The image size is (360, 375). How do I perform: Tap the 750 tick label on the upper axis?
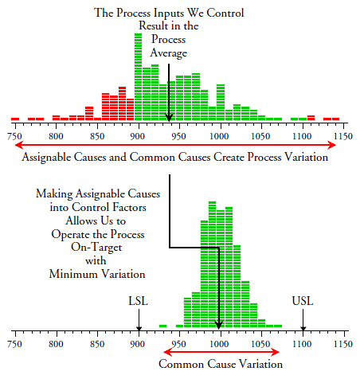(x=14, y=136)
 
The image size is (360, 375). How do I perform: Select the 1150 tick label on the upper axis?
(x=342, y=136)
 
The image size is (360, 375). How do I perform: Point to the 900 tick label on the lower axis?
(x=138, y=345)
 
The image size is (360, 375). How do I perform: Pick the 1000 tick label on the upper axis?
(x=220, y=136)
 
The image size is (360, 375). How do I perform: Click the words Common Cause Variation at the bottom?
(x=221, y=365)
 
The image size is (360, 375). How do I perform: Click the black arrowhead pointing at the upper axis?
(x=169, y=119)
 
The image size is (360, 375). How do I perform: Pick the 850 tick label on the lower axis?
(x=96, y=345)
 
